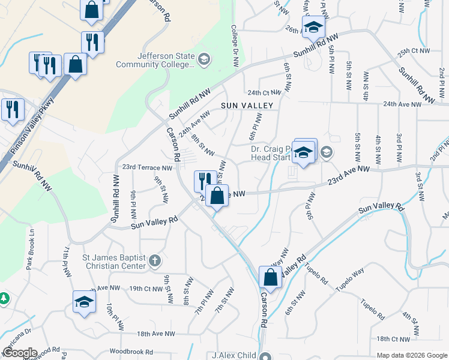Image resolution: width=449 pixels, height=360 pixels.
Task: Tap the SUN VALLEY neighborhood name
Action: click(246, 106)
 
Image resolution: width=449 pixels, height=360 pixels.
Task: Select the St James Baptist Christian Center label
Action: click(114, 262)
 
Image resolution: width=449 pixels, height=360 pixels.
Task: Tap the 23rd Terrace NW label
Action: click(147, 167)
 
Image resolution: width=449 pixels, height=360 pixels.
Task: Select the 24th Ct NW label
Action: click(264, 92)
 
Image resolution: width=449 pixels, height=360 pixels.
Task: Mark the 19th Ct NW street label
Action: click(146, 289)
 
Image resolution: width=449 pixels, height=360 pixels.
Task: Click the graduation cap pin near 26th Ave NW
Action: click(313, 27)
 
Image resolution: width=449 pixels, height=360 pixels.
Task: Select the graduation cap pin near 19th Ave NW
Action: click(84, 302)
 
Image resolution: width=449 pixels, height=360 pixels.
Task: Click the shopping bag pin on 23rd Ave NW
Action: click(217, 195)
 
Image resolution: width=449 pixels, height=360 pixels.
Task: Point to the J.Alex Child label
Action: click(235, 355)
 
